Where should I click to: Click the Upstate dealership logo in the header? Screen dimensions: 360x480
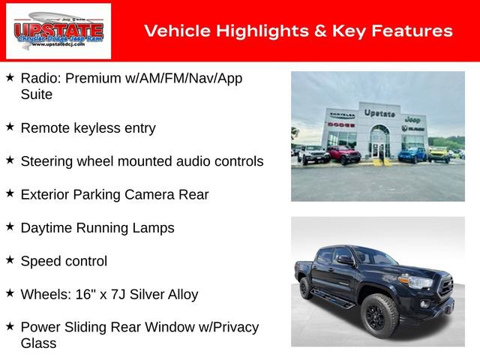[58, 31]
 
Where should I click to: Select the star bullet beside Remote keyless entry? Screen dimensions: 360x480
[10, 127]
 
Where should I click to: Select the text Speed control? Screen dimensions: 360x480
[64, 261]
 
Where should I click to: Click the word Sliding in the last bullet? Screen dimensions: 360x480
[96, 327]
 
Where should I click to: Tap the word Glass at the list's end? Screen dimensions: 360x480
[38, 343]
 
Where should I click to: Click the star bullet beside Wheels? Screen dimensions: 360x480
[10, 294]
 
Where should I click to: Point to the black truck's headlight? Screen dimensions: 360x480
[415, 282]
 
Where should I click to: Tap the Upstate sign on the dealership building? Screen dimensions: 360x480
[379, 113]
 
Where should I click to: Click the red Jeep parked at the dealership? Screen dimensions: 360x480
[343, 154]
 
